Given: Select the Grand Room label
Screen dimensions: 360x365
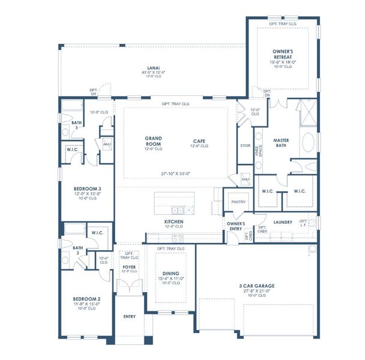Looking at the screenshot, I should coord(153,141).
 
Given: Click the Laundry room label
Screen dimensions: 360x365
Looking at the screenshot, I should coord(282,222).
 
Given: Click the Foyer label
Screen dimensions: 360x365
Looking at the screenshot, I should coord(129,266).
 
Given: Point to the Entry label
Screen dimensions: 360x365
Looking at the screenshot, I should coord(130,316).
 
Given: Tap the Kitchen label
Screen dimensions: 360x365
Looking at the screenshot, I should coord(174,222).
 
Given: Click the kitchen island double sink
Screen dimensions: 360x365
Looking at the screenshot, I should coord(178,211).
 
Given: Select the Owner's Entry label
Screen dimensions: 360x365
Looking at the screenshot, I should coord(235,226).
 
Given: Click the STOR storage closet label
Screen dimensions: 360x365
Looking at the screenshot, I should coord(244,145).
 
